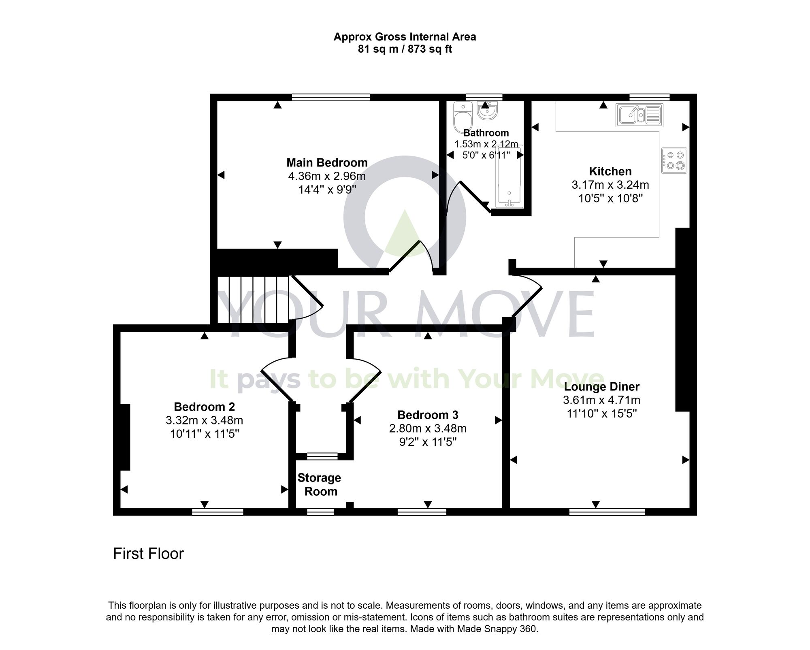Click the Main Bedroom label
327,163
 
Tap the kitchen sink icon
639,115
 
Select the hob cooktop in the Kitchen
674,160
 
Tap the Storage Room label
320,484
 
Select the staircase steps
253,300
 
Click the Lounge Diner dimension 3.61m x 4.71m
601,400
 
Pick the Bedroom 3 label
428,415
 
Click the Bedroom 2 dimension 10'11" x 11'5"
205,434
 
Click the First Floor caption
148,554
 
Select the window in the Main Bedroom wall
331,97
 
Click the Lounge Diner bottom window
607,512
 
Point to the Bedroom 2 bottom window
217,512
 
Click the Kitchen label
610,171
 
